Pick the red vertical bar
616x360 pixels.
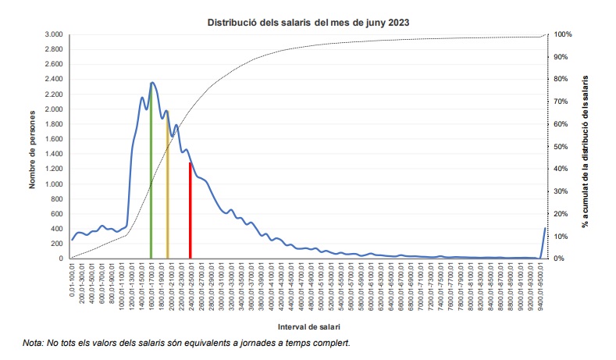point(190,211)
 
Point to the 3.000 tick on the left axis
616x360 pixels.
point(54,35)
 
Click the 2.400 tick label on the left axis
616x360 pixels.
point(54,80)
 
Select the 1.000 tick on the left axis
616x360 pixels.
point(54,184)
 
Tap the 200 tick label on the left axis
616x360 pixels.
point(57,244)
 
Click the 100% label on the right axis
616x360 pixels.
point(564,35)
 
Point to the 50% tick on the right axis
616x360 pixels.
point(561,147)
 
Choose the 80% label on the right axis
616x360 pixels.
point(561,80)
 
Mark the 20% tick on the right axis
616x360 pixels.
point(561,214)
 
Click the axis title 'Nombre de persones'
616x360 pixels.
point(34,147)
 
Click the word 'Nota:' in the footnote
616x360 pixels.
point(34,343)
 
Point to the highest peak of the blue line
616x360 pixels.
point(152,82)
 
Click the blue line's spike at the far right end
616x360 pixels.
point(544,228)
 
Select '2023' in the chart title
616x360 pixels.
point(397,23)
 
